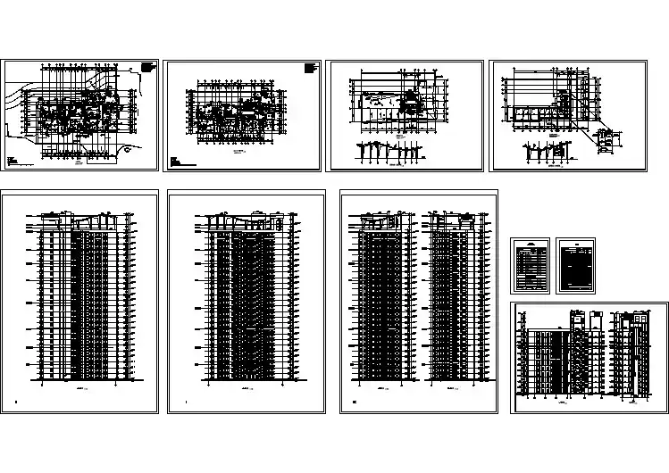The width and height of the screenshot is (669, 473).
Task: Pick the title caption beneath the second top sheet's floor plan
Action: tap(239, 154)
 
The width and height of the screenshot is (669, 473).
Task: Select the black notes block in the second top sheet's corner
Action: tap(310, 68)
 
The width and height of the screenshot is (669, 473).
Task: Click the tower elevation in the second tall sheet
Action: tap(246, 295)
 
